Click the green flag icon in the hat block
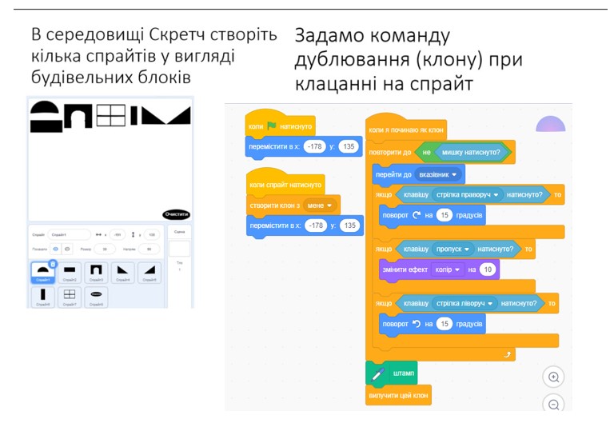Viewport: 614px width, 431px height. click(272, 126)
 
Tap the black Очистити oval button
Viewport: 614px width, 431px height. click(176, 214)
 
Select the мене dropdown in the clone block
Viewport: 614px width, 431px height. click(319, 206)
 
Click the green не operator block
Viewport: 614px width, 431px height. click(426, 152)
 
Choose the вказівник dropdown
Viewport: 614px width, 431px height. click(438, 174)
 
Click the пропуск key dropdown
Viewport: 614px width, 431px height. click(453, 249)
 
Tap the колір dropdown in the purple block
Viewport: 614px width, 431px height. click(447, 269)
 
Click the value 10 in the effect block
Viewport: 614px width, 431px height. click(487, 269)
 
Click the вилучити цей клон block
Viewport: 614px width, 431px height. click(397, 395)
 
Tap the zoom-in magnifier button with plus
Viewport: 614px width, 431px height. click(553, 377)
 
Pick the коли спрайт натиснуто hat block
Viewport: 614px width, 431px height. click(285, 185)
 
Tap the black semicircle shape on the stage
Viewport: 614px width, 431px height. click(45, 110)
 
